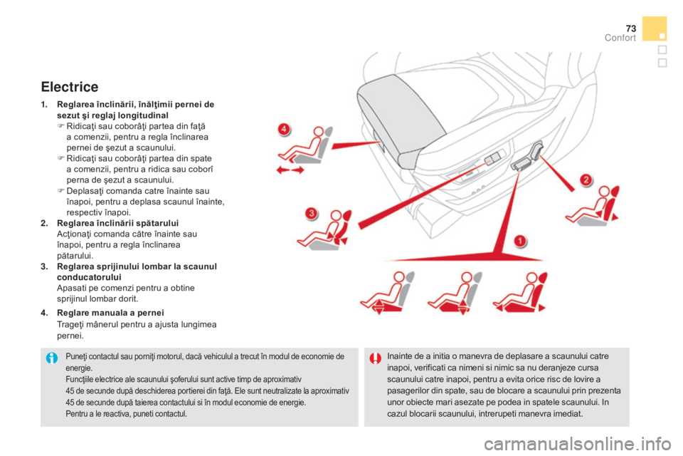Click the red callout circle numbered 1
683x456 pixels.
(x=521, y=240)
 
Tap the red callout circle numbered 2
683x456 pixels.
(x=585, y=179)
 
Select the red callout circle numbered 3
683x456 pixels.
(x=310, y=213)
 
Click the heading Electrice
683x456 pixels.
(x=69, y=88)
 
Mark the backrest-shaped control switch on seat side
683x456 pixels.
(x=535, y=152)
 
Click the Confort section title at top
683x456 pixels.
(x=621, y=38)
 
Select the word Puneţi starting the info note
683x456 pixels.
(x=78, y=356)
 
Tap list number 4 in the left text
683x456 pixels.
(x=44, y=312)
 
